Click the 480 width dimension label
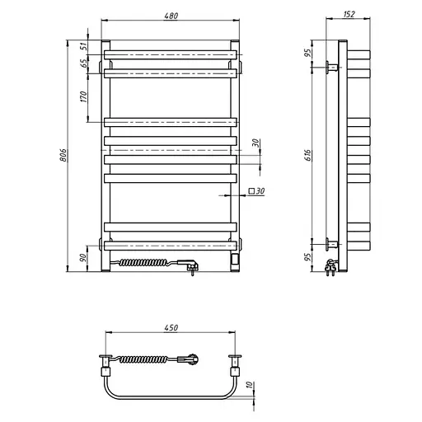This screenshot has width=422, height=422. click(171, 16)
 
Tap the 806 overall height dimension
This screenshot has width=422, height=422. click(63, 155)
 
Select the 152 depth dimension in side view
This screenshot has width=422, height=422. click(349, 14)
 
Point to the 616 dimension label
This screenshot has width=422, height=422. click(307, 155)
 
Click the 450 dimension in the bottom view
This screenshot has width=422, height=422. click(171, 327)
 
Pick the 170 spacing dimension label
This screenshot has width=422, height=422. click(83, 96)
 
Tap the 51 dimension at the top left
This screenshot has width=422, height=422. click(84, 46)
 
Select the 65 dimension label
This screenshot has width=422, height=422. click(84, 63)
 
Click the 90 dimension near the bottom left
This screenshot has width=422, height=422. click(82, 258)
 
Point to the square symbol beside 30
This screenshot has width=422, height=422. click(251, 191)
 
